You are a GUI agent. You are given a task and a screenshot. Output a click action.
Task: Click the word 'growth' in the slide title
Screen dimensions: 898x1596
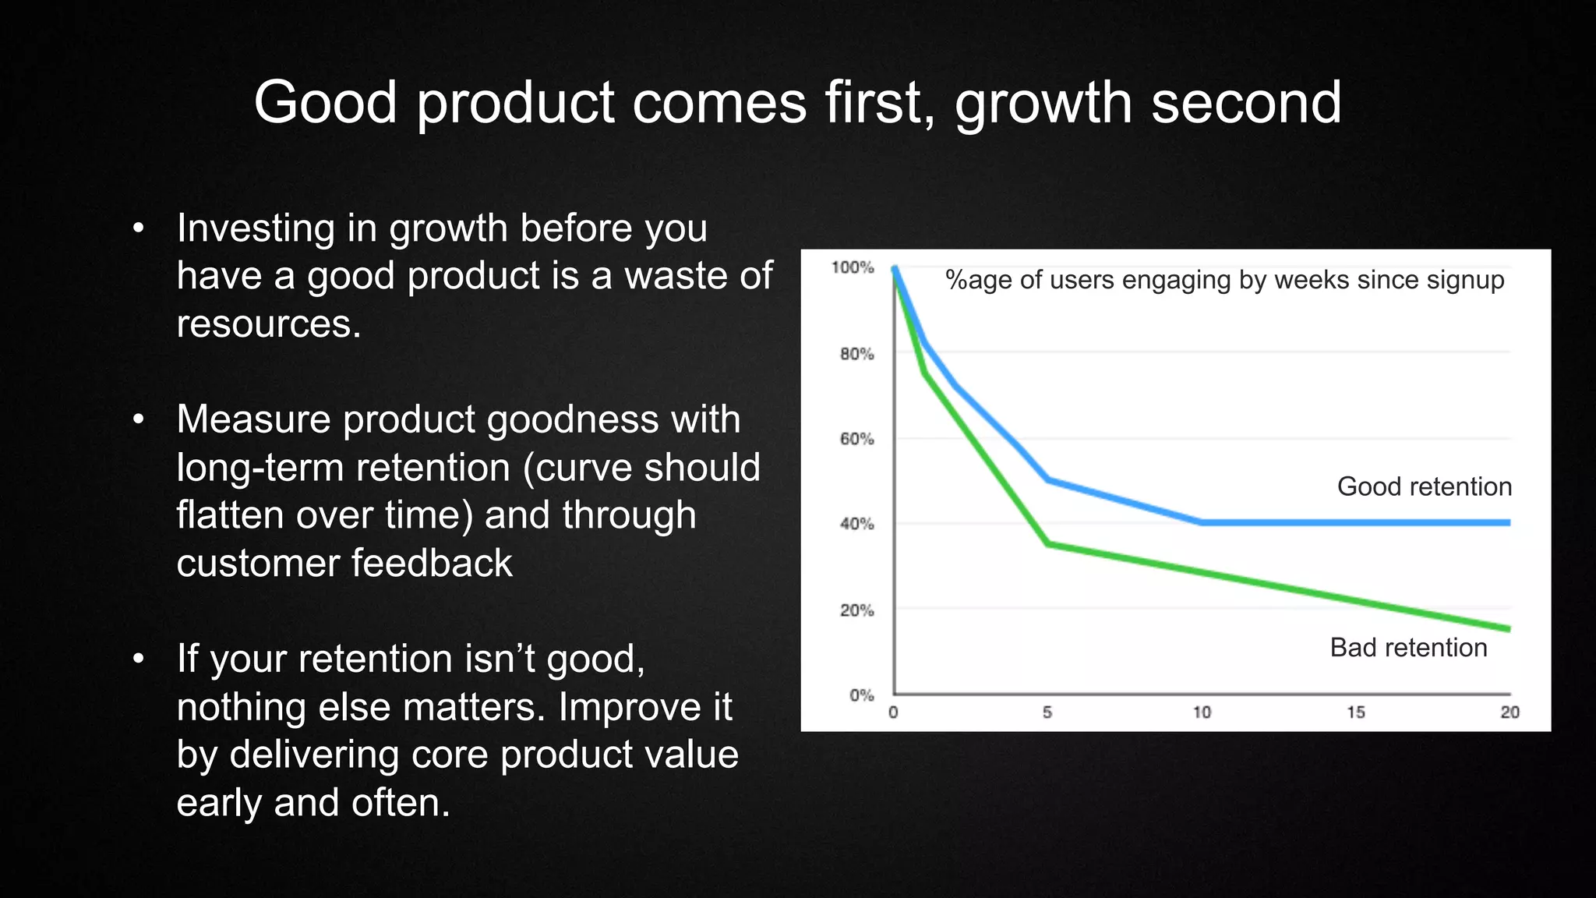[x=1043, y=104]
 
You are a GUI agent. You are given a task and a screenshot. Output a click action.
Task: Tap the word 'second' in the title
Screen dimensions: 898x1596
[x=1246, y=104]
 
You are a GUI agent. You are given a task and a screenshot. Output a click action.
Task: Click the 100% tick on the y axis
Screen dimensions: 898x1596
[x=853, y=267]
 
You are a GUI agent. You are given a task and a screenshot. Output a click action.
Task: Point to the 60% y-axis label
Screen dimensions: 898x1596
[x=856, y=439]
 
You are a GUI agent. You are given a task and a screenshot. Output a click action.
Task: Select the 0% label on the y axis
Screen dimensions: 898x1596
[x=861, y=695]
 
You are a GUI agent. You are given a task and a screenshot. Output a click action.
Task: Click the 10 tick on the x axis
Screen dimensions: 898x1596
[x=1202, y=712]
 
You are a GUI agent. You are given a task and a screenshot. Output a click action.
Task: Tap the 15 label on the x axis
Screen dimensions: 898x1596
[x=1356, y=712]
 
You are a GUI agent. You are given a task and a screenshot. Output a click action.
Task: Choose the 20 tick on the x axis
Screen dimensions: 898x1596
[x=1509, y=712]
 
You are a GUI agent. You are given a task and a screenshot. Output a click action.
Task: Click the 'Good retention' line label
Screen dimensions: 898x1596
[x=1424, y=486]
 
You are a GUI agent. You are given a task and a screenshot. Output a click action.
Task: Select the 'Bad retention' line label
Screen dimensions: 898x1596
[x=1408, y=648]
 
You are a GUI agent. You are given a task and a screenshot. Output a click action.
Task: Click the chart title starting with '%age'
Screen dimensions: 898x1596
[x=1224, y=280]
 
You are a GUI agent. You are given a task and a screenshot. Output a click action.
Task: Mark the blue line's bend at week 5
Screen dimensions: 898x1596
[x=1048, y=479]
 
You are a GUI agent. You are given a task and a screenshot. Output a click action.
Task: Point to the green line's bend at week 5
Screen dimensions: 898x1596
[x=1048, y=543]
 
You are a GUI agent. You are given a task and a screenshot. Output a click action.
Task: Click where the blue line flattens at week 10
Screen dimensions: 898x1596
[x=1202, y=522]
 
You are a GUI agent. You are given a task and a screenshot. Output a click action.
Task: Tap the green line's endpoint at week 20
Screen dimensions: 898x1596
[x=1508, y=628]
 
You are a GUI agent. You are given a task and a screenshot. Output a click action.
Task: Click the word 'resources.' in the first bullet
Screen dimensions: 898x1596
[x=269, y=324]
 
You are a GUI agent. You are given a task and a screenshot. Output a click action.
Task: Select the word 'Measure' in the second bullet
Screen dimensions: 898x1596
[x=253, y=419]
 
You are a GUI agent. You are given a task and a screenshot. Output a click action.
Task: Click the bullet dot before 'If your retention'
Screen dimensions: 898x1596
[x=139, y=659]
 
